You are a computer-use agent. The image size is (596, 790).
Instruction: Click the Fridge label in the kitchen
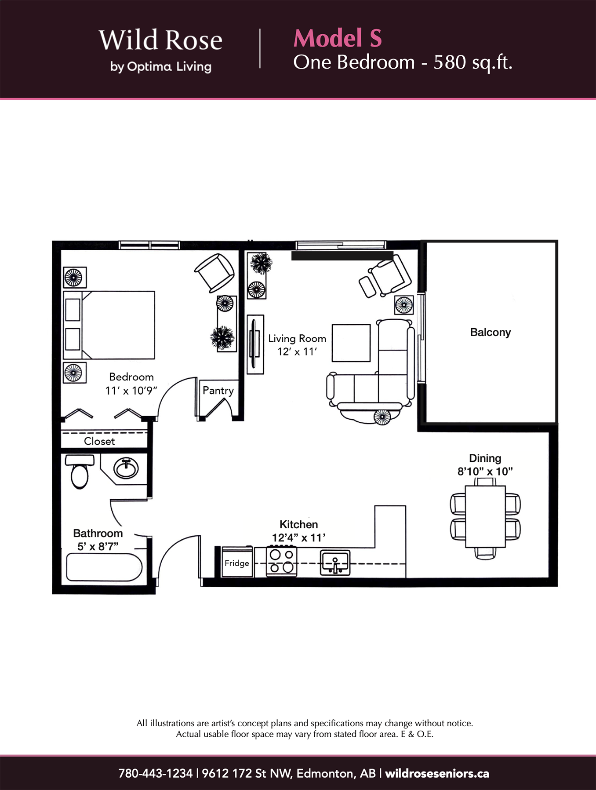click(236, 563)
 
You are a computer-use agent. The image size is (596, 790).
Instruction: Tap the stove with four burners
click(282, 561)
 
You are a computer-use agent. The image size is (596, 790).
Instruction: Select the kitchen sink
click(335, 563)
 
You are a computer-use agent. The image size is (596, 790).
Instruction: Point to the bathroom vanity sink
click(126, 468)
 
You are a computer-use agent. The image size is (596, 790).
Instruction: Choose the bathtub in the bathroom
click(104, 567)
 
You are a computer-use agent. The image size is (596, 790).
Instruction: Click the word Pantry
click(218, 391)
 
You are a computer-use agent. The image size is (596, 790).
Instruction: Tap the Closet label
click(99, 441)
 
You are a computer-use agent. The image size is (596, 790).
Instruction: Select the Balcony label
click(491, 332)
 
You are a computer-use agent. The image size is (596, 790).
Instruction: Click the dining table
click(485, 516)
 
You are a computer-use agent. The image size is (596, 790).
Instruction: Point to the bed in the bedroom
click(109, 325)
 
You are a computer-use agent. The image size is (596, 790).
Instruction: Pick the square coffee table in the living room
click(351, 343)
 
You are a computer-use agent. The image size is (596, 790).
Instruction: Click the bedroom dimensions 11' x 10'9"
click(131, 391)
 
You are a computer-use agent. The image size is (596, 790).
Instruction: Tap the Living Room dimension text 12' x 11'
click(297, 351)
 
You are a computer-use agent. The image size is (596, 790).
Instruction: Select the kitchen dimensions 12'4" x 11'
click(299, 538)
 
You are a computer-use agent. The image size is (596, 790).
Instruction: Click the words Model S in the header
click(338, 38)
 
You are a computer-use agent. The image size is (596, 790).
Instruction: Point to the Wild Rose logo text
click(160, 40)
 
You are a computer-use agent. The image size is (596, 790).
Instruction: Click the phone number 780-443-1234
click(156, 773)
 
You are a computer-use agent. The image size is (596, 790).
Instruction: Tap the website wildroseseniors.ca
click(437, 773)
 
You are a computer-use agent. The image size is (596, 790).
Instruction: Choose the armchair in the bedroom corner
click(214, 273)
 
